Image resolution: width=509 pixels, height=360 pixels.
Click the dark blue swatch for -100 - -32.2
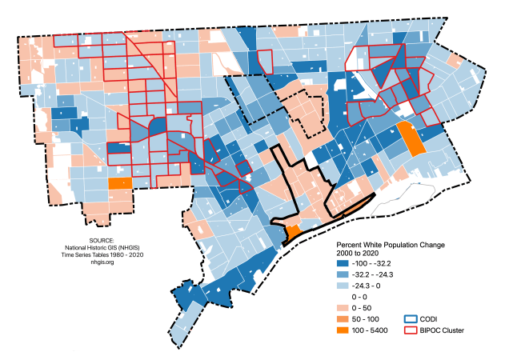343,263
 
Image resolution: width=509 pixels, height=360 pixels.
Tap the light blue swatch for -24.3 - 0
343,284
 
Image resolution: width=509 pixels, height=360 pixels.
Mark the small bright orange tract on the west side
119,183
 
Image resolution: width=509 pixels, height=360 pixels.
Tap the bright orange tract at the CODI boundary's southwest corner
293,231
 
